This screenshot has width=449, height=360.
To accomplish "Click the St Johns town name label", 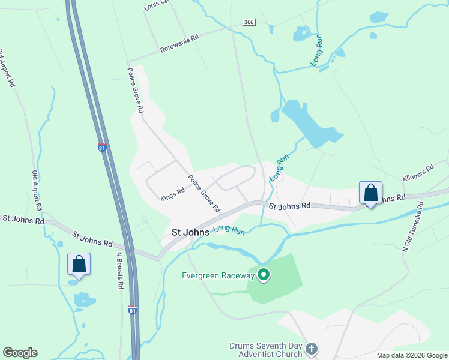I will click(x=190, y=232).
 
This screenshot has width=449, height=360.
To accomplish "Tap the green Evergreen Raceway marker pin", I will click(x=263, y=275).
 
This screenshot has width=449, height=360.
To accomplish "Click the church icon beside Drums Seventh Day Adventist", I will click(x=311, y=349).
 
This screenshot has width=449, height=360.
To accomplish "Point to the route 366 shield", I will click(x=249, y=22).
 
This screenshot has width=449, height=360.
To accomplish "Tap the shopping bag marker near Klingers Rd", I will click(x=371, y=193).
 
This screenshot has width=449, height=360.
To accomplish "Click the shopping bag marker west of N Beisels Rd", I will click(x=79, y=264).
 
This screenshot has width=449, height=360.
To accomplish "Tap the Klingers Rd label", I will click(x=418, y=173).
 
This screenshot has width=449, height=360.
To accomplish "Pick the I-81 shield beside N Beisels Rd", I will click(x=132, y=310).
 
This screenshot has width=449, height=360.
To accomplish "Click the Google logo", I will click(x=20, y=353).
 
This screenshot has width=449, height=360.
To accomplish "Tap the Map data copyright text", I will click(x=412, y=355).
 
